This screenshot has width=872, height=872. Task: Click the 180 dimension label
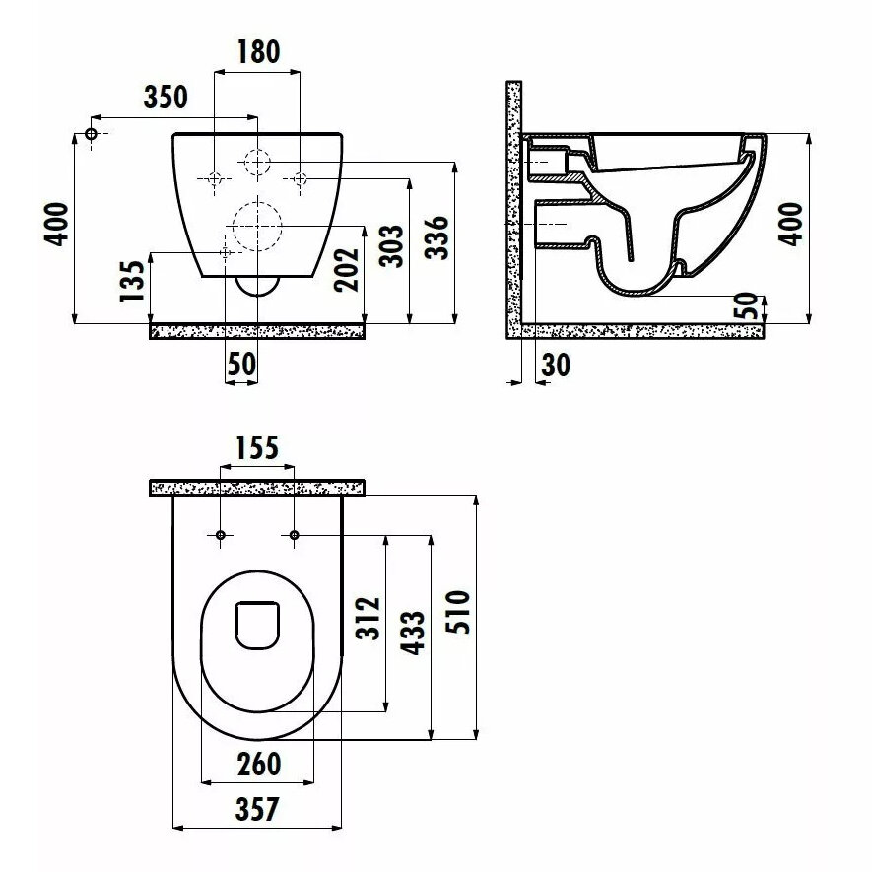258,51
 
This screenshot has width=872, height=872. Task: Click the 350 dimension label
166,97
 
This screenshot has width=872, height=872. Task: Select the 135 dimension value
133,281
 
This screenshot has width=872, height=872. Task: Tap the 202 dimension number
347,270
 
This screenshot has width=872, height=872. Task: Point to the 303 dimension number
391,246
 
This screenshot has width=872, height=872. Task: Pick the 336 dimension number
436,237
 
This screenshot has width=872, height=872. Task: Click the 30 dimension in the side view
556,365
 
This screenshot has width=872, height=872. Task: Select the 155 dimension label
257,448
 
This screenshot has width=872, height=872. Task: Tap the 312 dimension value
369,619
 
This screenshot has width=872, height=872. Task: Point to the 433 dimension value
414,634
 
